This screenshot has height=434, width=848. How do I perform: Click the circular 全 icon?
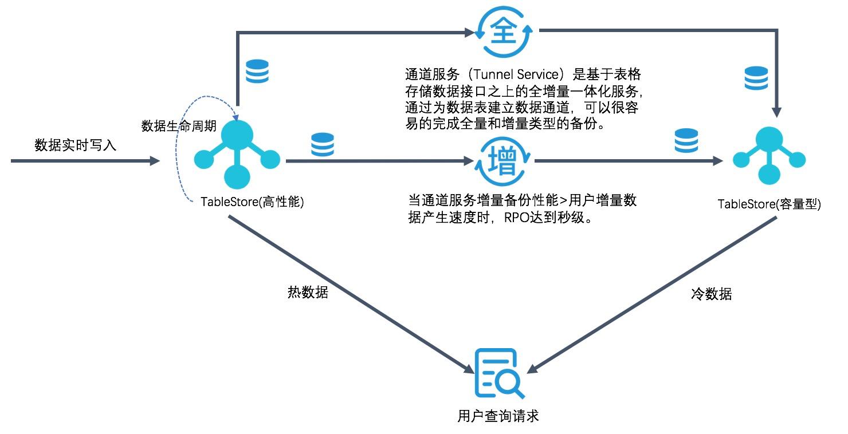pos(504,31)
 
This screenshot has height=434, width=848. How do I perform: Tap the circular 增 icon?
pos(504,162)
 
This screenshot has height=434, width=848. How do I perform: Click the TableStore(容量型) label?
pos(770,204)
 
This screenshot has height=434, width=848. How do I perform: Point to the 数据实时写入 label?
pos(75,145)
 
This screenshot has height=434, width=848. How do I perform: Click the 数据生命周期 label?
pos(179,126)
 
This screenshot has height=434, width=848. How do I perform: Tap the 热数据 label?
pos(308,292)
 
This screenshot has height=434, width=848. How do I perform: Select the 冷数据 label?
pos(711,294)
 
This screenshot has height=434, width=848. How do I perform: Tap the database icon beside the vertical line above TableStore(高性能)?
pos(257,72)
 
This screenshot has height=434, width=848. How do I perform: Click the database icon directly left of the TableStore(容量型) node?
pos(686,140)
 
